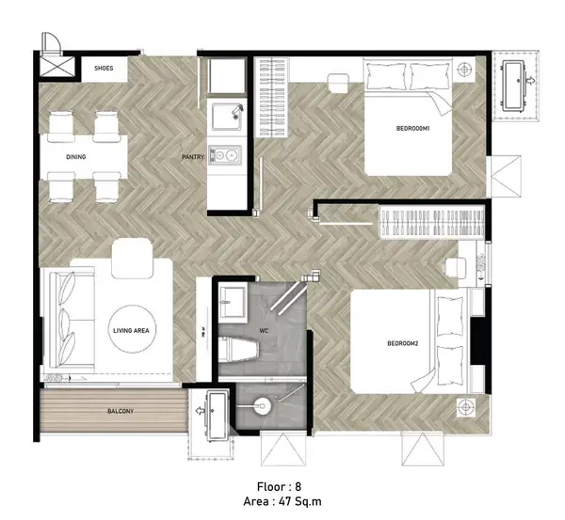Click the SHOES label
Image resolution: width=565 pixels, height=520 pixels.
pos(104,68)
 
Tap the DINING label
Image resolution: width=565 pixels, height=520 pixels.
pos(76,157)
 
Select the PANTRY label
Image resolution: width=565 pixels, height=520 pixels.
pos(193,157)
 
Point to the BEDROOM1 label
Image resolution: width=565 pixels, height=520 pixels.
pos(413,128)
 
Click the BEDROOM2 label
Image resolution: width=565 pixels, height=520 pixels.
pos(402,343)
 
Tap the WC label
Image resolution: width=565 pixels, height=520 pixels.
pos(264,331)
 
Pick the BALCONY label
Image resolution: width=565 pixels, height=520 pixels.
pos(121,411)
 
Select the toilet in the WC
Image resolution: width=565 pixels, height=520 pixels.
pos(238,350)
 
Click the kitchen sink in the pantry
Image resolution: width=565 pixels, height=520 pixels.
pos(227,117)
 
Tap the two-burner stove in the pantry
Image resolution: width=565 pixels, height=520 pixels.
pos(225,155)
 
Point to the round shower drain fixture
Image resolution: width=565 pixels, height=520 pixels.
pos(262,406)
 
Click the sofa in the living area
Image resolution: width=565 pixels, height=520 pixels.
pos(71,320)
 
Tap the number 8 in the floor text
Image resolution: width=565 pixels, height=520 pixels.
pos(298,487)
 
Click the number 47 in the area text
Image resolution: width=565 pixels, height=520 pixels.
pos(283,501)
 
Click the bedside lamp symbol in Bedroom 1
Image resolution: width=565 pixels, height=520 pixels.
pos(465,69)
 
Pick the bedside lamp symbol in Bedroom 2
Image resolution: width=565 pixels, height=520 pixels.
pos(466,407)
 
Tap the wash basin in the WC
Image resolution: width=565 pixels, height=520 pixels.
pos(234,303)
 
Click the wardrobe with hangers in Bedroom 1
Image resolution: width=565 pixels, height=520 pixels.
pos(271,97)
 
